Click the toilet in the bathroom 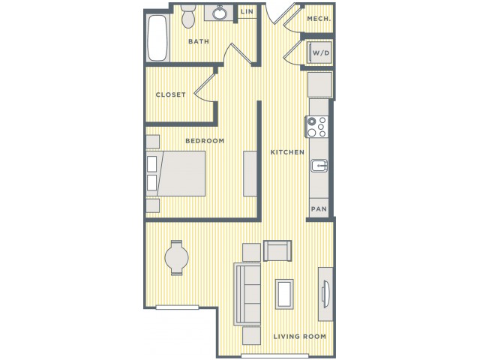(x=187, y=16)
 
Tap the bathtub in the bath (x=157, y=38)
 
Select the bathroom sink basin (x=219, y=13)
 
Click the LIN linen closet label (x=247, y=12)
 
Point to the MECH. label (x=319, y=19)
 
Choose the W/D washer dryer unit (x=319, y=52)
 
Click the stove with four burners (x=316, y=127)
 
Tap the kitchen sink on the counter (x=319, y=166)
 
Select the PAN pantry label (x=319, y=209)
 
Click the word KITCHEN (x=287, y=152)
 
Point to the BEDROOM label (x=205, y=141)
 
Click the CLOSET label (x=170, y=95)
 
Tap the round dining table (x=177, y=258)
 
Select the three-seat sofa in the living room (x=247, y=294)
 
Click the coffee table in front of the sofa (x=284, y=294)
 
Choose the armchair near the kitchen (x=277, y=251)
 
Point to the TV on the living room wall (x=325, y=295)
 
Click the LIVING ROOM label (x=300, y=337)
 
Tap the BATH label (x=199, y=41)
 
